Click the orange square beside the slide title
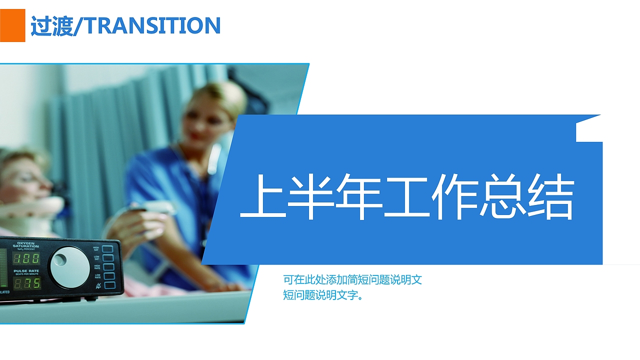pyautogui.click(x=12, y=25)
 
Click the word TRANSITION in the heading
pyautogui.click(x=153, y=26)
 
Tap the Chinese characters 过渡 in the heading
pyautogui.click(x=51, y=26)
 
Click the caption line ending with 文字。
pyautogui.click(x=323, y=295)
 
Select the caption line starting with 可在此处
pyautogui.click(x=352, y=279)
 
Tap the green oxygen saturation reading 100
pyautogui.click(x=26, y=258)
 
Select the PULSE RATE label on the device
pyautogui.click(x=26, y=271)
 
